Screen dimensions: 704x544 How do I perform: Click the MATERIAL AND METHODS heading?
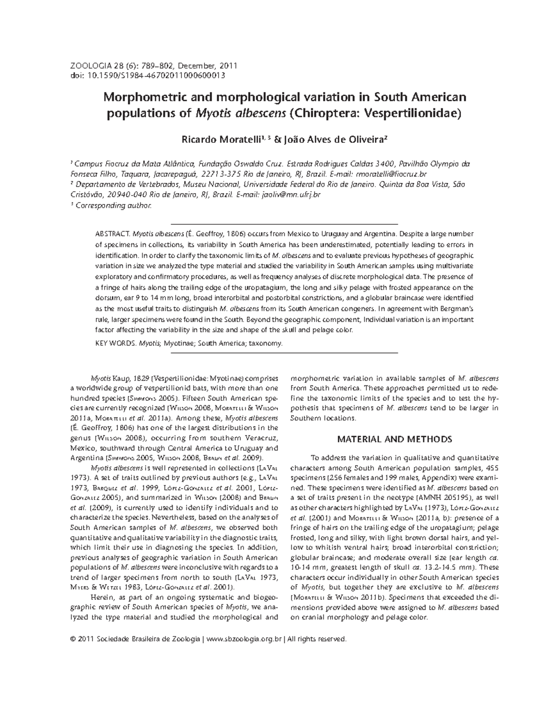(394, 439)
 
